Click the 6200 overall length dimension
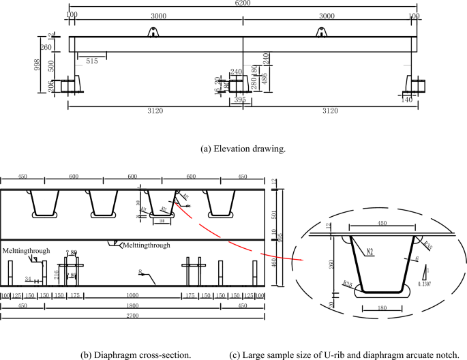(243, 4)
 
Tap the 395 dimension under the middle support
(240, 100)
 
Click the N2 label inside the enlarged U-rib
(368, 250)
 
